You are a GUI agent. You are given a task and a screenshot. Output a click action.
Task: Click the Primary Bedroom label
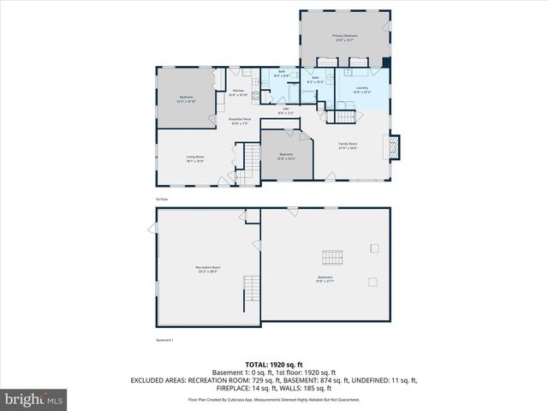[344, 37]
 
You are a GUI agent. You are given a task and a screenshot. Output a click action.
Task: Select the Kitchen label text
[239, 92]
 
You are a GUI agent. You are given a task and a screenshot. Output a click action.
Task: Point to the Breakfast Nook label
[240, 121]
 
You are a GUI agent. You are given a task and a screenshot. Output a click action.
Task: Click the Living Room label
[195, 158]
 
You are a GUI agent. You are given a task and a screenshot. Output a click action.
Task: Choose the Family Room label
[348, 145]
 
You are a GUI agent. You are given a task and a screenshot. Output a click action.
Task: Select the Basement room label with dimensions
[325, 279]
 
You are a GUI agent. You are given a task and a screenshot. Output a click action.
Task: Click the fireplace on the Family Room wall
[394, 146]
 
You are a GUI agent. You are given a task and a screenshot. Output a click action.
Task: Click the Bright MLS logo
[34, 399]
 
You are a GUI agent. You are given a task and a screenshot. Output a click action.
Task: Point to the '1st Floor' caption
[161, 199]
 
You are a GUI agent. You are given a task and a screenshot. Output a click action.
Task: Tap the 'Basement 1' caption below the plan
[164, 340]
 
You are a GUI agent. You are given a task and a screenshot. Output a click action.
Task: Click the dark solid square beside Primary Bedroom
[387, 63]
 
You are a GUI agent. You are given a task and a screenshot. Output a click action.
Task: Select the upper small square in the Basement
[374, 248]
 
